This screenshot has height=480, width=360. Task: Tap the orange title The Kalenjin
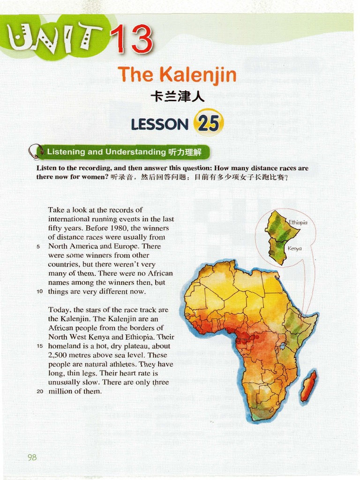tap(177, 75)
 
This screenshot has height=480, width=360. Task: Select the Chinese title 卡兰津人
tap(177, 97)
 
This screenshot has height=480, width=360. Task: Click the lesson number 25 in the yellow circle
tap(208, 123)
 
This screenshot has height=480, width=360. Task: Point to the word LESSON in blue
tap(160, 124)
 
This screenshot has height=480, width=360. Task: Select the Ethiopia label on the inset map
tap(298, 223)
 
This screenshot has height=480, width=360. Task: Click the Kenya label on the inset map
tap(294, 248)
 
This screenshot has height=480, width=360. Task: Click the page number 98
tap(32, 457)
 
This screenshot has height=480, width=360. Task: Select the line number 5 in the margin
tap(40, 247)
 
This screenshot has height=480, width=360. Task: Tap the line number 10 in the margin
tap(39, 292)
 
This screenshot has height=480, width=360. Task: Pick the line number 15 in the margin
tap(39, 346)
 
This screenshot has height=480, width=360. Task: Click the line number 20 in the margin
tap(39, 391)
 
